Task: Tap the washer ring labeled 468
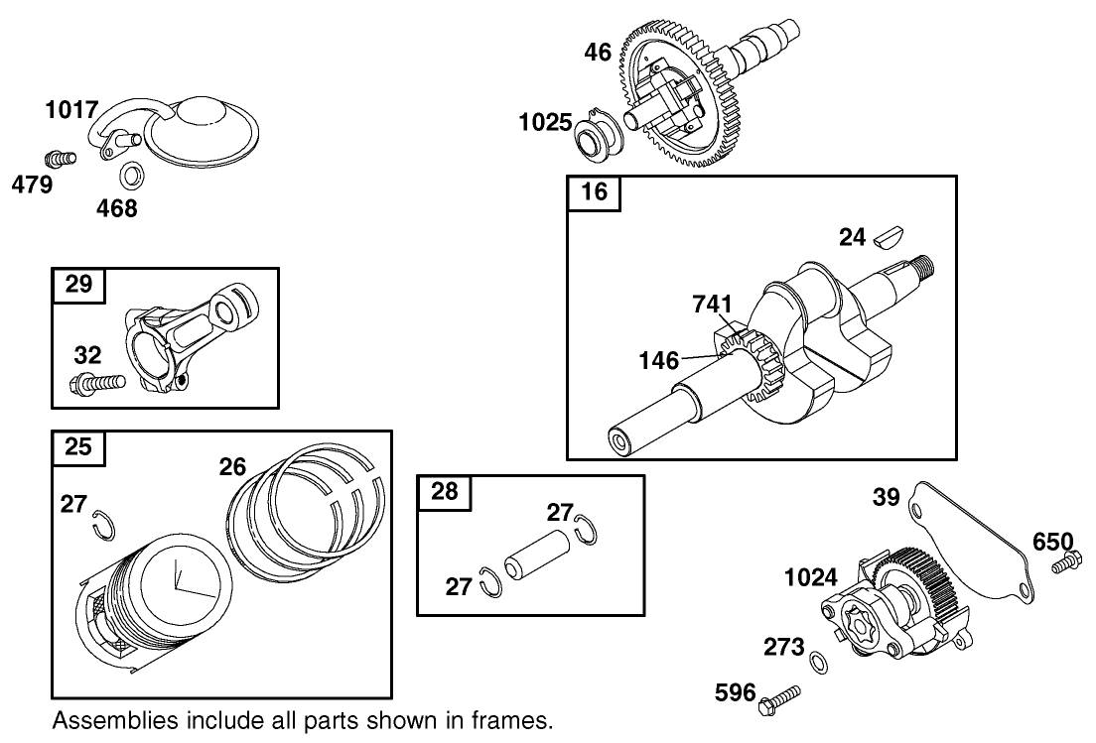[128, 178]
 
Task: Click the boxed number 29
[77, 285]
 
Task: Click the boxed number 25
[77, 447]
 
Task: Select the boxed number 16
[593, 192]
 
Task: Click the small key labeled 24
[886, 237]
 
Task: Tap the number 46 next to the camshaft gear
[597, 54]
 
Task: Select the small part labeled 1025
[598, 136]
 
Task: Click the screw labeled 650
[1063, 566]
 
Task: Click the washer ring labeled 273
[818, 662]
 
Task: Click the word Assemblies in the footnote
[106, 718]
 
